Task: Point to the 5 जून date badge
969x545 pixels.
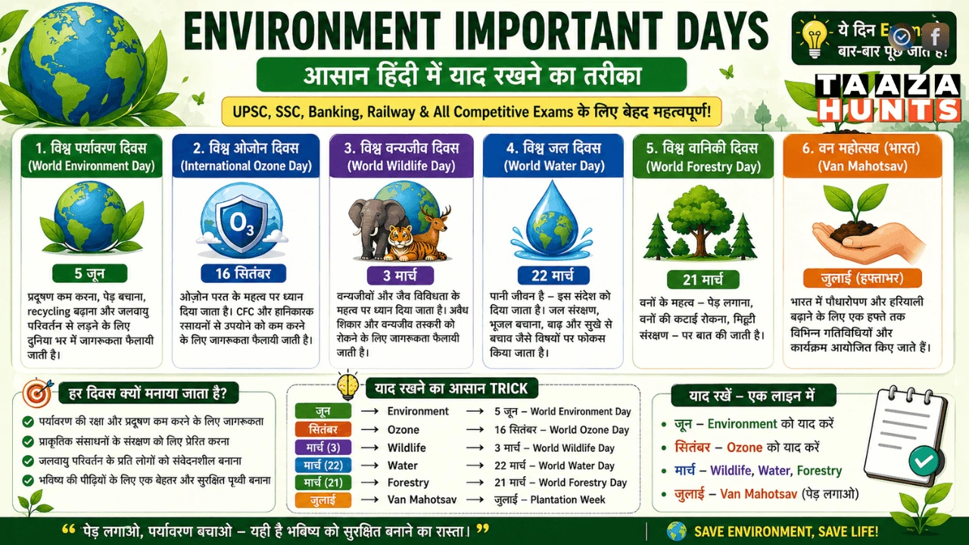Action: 90,273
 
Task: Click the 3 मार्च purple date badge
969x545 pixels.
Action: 401,275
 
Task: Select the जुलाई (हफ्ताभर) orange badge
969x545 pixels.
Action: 863,277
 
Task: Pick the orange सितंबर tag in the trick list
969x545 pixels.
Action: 323,429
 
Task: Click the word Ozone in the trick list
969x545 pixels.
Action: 403,429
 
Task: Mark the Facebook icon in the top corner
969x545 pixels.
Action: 935,36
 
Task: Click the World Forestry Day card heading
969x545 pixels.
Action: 703,157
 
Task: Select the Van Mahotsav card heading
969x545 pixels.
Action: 862,157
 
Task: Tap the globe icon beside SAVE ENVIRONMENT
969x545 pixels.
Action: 676,531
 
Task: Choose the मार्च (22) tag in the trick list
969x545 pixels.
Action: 323,465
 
